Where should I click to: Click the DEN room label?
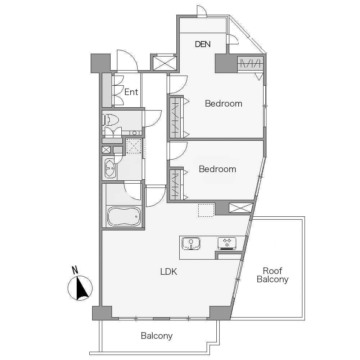203,44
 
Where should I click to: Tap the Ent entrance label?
131,92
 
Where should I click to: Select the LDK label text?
168,272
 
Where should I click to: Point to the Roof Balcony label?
273,275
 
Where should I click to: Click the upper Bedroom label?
224,104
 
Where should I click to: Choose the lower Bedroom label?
217,169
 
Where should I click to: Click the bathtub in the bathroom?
124,217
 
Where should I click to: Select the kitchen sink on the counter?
191,243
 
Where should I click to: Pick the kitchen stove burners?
227,243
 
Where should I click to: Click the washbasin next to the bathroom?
111,168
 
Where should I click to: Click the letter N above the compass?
75,270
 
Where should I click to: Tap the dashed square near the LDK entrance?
206,210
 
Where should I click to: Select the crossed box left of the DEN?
165,63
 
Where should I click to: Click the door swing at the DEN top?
202,11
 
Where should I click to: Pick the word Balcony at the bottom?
157,336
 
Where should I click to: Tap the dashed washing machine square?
134,146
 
